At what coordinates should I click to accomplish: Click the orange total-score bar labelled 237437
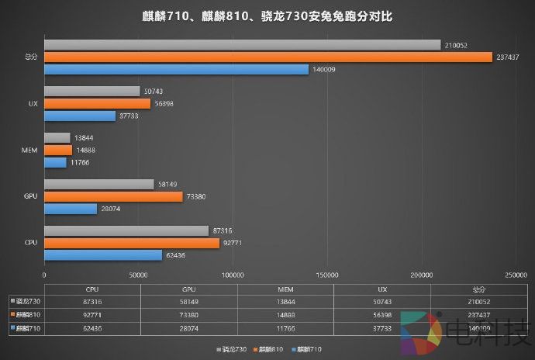tap(268, 57)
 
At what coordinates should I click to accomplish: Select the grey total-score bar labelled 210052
tap(242, 44)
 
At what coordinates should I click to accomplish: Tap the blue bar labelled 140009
tap(176, 69)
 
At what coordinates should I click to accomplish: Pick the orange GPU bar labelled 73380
tap(113, 196)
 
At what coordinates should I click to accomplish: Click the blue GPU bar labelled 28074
tap(71, 209)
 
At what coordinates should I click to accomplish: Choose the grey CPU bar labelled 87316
tap(126, 230)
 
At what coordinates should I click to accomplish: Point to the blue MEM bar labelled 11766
tap(55, 162)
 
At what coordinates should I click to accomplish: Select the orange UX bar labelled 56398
tap(98, 103)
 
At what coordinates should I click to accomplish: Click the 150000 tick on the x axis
tap(327, 275)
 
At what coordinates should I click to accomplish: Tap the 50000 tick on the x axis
tap(139, 275)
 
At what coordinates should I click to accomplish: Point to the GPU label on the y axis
tap(31, 196)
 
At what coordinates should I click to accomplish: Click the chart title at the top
tap(267, 16)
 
